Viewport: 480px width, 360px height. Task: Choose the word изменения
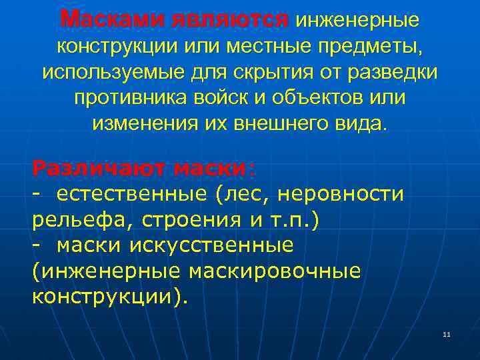click(x=153, y=123)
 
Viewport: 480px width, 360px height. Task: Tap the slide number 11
click(x=447, y=334)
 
